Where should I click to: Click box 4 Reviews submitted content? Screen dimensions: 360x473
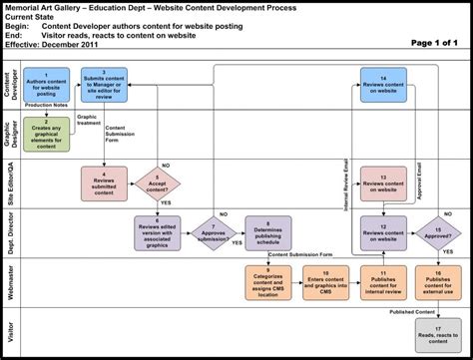pos(105,181)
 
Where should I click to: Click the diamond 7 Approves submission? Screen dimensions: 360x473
pos(213,232)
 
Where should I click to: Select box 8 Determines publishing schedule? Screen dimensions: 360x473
pos(268,232)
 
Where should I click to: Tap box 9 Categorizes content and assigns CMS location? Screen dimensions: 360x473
pos(268,281)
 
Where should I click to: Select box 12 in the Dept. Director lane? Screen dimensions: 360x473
pos(382,232)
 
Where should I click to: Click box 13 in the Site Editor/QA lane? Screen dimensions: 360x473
pos(382,181)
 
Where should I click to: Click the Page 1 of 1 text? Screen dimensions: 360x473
pos(432,43)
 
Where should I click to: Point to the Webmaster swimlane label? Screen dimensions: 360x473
pos(12,281)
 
